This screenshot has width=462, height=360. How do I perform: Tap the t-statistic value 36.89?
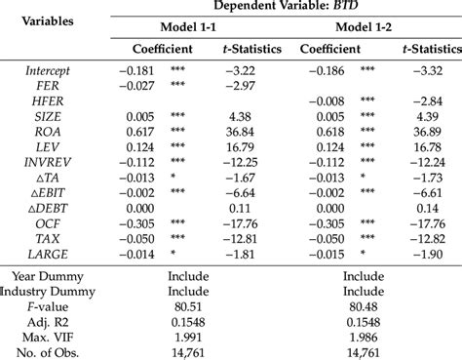(x=435, y=130)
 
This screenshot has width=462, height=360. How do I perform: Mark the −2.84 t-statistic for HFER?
(x=435, y=100)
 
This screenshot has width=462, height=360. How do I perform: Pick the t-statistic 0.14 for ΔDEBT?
(x=435, y=206)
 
